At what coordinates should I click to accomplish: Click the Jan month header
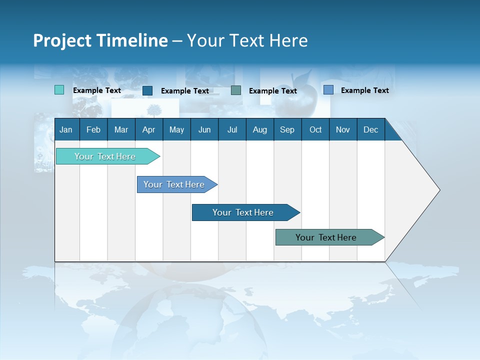click(x=66, y=129)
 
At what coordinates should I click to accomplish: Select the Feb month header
click(x=93, y=129)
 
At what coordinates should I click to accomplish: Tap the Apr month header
click(x=149, y=129)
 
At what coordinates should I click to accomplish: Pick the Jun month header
click(x=204, y=129)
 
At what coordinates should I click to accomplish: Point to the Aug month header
click(x=260, y=129)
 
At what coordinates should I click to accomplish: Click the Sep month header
click(x=287, y=129)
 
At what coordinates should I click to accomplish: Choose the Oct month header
click(x=315, y=129)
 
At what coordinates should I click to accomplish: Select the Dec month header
click(x=371, y=129)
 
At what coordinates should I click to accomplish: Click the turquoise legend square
click(x=59, y=90)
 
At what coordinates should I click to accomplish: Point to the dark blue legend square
click(x=147, y=90)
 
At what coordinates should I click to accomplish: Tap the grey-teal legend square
click(x=236, y=90)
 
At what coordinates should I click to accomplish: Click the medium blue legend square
click(x=328, y=90)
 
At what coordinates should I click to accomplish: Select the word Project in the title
click(x=62, y=40)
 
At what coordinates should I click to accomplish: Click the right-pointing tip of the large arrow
click(x=438, y=190)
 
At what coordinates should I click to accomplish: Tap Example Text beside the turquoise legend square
click(x=97, y=90)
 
